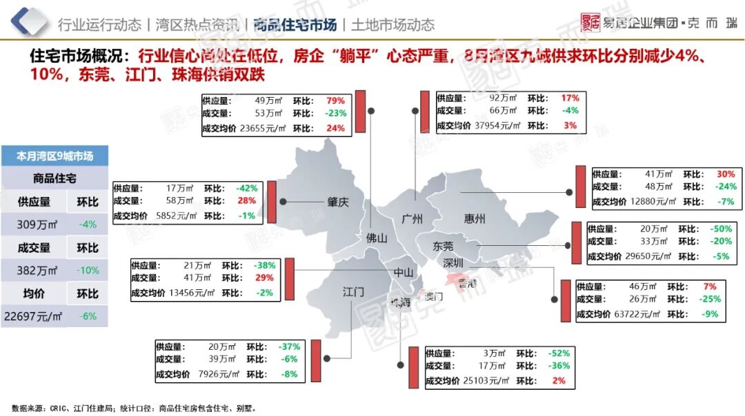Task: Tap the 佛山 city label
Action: (x=377, y=238)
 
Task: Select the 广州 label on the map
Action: (x=412, y=219)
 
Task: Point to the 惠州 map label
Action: (x=475, y=219)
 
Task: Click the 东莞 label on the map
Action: (x=443, y=246)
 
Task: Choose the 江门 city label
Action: (x=353, y=292)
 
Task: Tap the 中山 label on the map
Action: (x=404, y=272)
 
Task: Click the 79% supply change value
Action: (x=336, y=101)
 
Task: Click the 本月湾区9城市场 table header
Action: (x=54, y=156)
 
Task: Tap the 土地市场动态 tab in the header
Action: (x=393, y=25)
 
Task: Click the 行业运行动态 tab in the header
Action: (x=100, y=25)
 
